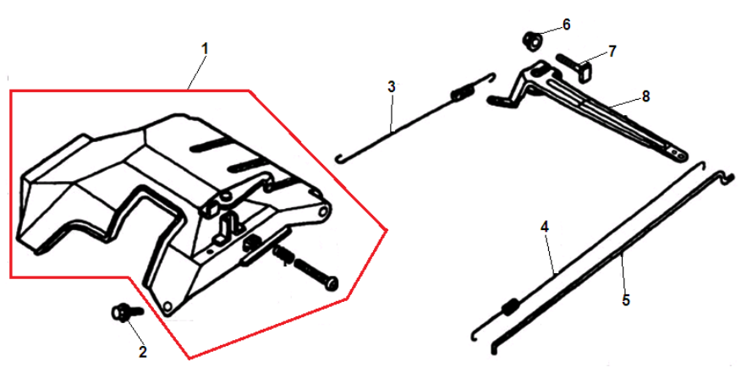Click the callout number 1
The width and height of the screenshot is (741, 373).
204,49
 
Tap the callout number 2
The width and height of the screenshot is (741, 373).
142,352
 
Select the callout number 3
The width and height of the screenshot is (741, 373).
391,87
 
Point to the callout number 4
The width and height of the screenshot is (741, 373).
545,227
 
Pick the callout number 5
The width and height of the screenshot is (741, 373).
626,300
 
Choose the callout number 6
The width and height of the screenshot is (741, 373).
566,25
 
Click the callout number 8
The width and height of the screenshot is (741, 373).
645,96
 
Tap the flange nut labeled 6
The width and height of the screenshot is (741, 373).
533,40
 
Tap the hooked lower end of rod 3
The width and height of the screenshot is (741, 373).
339,157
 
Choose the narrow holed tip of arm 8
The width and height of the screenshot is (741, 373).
677,151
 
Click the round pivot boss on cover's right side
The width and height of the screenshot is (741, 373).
324,211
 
